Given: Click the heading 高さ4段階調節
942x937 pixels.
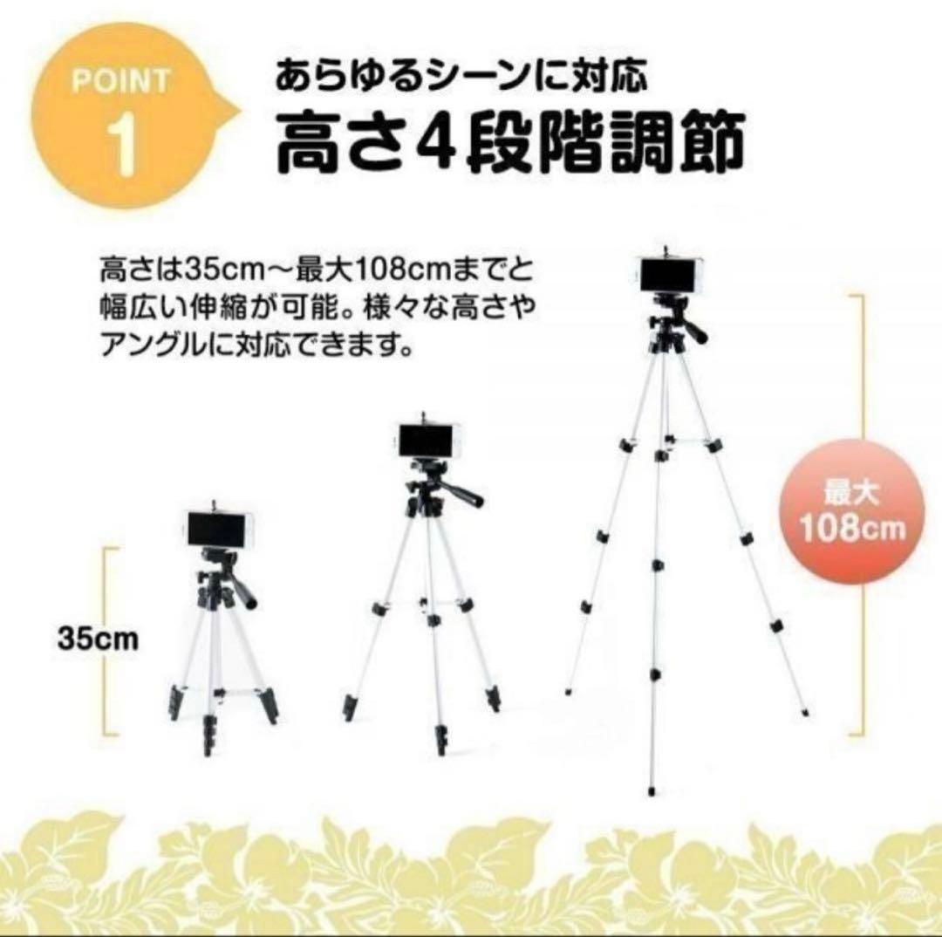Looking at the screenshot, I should (510, 143).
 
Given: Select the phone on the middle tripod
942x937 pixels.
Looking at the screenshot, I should (427, 442).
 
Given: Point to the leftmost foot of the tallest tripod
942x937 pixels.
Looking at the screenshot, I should (568, 691).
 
